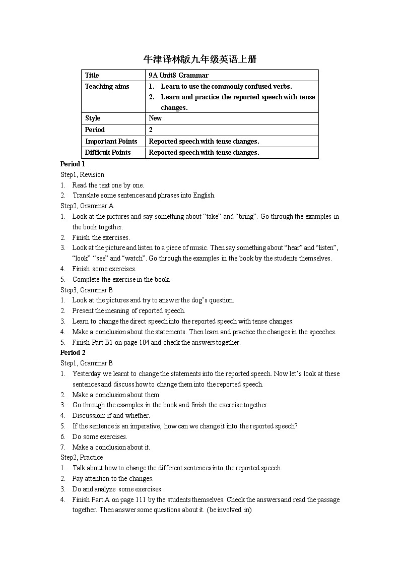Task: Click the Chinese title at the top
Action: coord(200,59)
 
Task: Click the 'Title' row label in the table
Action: coord(92,75)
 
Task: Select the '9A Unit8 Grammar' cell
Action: coord(178,75)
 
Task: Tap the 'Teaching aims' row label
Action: coord(107,86)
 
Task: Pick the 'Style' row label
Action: coord(93,118)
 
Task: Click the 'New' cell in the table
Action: coord(155,118)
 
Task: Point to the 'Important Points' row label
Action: coord(111,141)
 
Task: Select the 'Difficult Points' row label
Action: coord(108,152)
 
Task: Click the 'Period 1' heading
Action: coord(73,164)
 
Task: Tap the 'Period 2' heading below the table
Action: coord(73,352)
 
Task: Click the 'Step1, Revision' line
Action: coord(82,174)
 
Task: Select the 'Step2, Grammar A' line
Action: coord(87,206)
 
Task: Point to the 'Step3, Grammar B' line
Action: coord(87,290)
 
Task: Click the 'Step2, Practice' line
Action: coord(82,457)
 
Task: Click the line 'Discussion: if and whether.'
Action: coord(111,415)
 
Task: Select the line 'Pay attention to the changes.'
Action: coord(113,478)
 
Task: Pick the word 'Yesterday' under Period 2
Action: coord(87,373)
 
